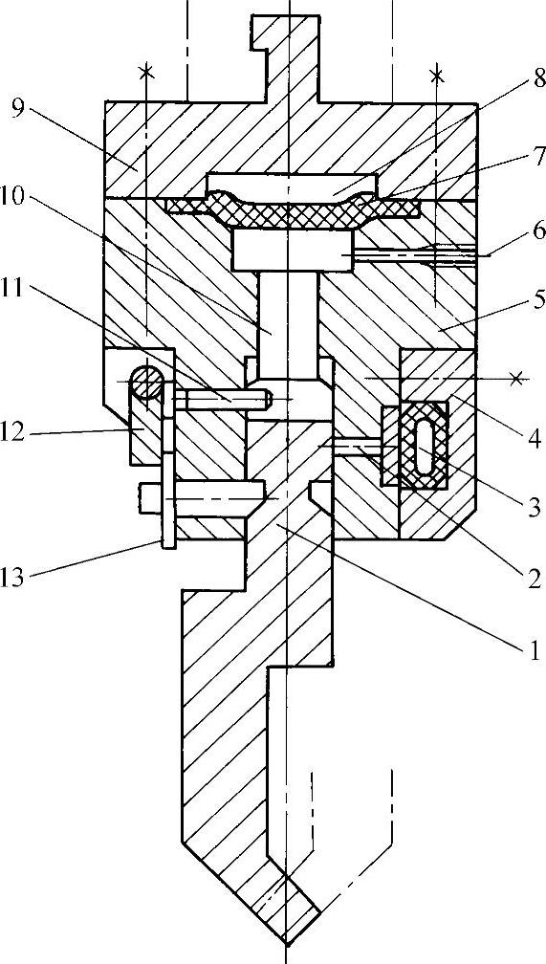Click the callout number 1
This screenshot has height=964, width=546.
pyautogui.click(x=534, y=648)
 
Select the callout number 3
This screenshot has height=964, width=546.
pyautogui.click(x=533, y=507)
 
